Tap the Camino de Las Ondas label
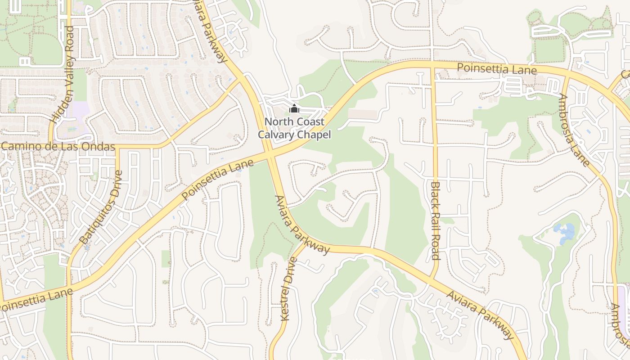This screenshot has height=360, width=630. click(x=57, y=147)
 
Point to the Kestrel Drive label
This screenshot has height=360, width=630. click(x=288, y=288)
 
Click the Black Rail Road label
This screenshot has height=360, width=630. click(x=435, y=220)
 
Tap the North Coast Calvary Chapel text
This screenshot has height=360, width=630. click(x=294, y=128)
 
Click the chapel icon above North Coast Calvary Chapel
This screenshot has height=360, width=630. click(x=294, y=108)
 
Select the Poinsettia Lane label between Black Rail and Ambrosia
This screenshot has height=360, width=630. click(x=497, y=69)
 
